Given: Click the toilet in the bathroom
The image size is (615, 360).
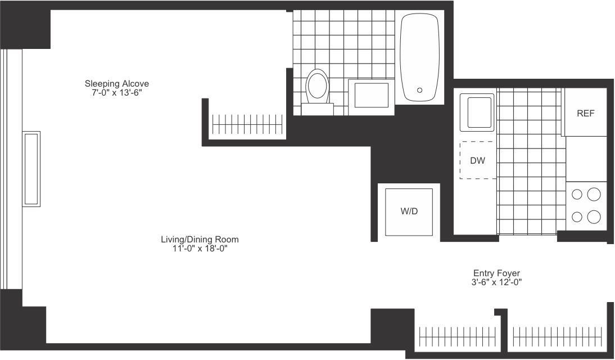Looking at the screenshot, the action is (x=317, y=87).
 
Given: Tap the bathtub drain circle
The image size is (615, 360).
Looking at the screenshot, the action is (x=419, y=90).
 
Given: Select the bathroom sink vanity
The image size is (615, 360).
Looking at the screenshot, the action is (x=369, y=97).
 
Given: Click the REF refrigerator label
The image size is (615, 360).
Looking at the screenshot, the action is (x=585, y=113).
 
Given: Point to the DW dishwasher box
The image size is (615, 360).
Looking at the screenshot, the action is (x=478, y=160).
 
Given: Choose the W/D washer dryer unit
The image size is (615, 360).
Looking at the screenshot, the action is (x=409, y=212).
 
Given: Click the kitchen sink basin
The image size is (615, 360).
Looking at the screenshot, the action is (x=477, y=110).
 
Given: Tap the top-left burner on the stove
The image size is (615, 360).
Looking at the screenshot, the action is (x=577, y=195).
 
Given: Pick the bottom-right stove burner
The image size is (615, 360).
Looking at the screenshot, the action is (x=593, y=216).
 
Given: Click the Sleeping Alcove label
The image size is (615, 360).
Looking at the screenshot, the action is (x=117, y=84).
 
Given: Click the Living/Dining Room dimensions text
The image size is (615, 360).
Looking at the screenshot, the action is (x=200, y=248).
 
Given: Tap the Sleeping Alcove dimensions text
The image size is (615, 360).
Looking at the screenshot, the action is (x=116, y=93).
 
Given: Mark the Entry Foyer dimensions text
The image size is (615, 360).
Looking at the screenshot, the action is (x=497, y=282).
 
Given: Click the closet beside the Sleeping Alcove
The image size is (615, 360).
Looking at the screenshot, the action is (x=248, y=123).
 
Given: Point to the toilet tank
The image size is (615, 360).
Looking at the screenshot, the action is (x=317, y=109).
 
